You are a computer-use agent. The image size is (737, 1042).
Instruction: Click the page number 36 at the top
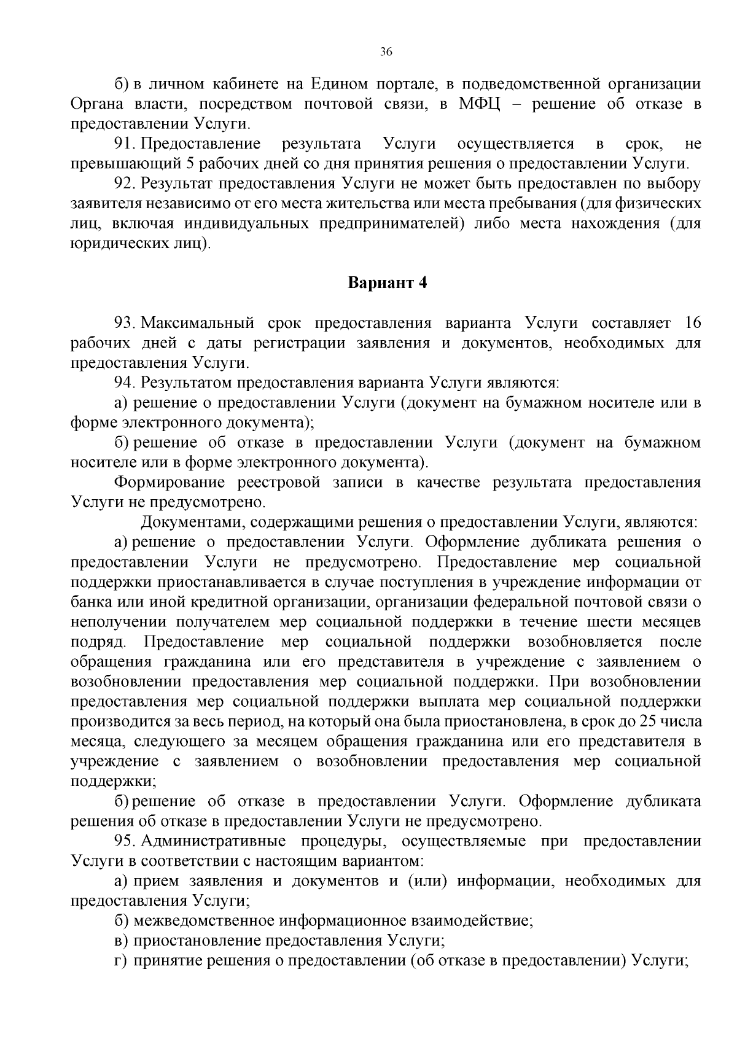(386, 52)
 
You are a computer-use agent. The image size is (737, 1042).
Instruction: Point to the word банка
(90, 602)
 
